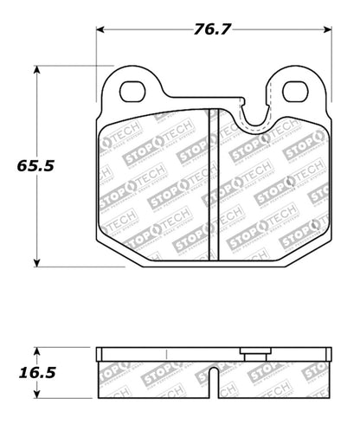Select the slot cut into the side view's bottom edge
[213, 382]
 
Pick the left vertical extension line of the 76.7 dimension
[95, 61]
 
